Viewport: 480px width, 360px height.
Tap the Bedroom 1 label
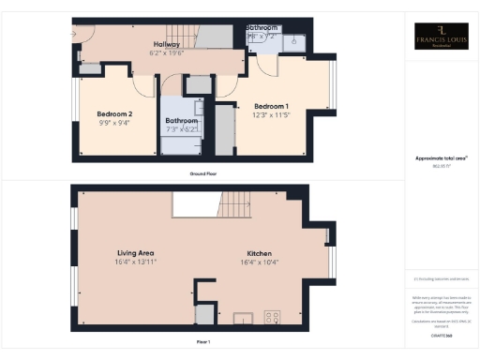[272, 105]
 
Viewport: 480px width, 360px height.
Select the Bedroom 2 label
[114, 114]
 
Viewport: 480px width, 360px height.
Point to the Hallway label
[167, 44]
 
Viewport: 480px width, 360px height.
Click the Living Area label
[135, 253]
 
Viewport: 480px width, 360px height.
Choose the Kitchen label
[259, 253]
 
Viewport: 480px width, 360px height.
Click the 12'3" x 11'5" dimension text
[272, 113]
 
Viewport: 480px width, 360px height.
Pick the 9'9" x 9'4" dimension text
[114, 123]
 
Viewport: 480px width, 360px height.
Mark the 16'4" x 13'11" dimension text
[135, 262]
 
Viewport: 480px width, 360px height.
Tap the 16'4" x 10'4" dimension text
[259, 262]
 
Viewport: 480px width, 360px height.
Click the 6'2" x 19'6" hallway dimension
[168, 52]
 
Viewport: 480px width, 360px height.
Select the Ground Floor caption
[202, 174]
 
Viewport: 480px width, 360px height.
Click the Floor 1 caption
[202, 343]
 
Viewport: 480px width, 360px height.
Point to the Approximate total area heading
[441, 159]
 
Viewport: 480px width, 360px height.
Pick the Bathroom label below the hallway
[182, 121]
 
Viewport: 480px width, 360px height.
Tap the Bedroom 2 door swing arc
[144, 84]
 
